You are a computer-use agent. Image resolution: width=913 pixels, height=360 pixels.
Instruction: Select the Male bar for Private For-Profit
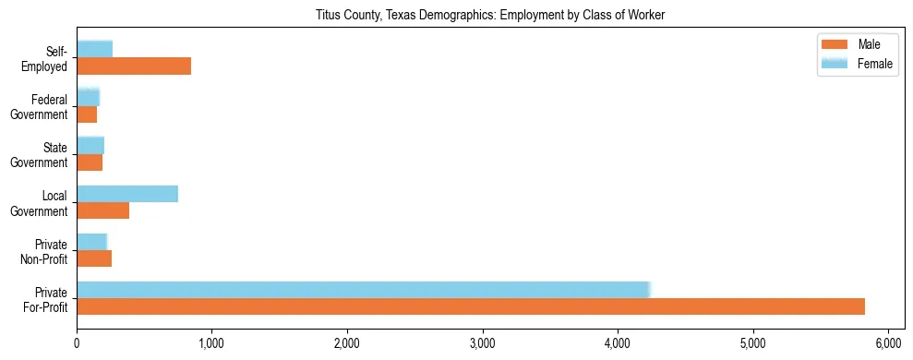point(471,306)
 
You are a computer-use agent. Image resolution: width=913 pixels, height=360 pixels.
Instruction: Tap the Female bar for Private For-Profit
point(364,289)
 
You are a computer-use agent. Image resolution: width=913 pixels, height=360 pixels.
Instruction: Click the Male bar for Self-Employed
point(134,66)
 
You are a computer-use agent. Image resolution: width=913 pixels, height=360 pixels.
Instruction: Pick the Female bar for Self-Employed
point(95,49)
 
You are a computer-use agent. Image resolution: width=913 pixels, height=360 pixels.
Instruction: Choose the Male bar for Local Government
point(102,211)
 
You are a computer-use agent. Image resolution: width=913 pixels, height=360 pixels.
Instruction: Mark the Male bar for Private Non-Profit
point(94,259)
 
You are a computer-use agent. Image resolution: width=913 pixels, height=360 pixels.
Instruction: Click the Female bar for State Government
point(90,145)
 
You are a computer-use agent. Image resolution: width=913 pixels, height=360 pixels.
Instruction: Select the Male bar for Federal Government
point(87,114)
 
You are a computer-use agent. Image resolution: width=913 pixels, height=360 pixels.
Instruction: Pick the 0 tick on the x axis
point(77,342)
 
